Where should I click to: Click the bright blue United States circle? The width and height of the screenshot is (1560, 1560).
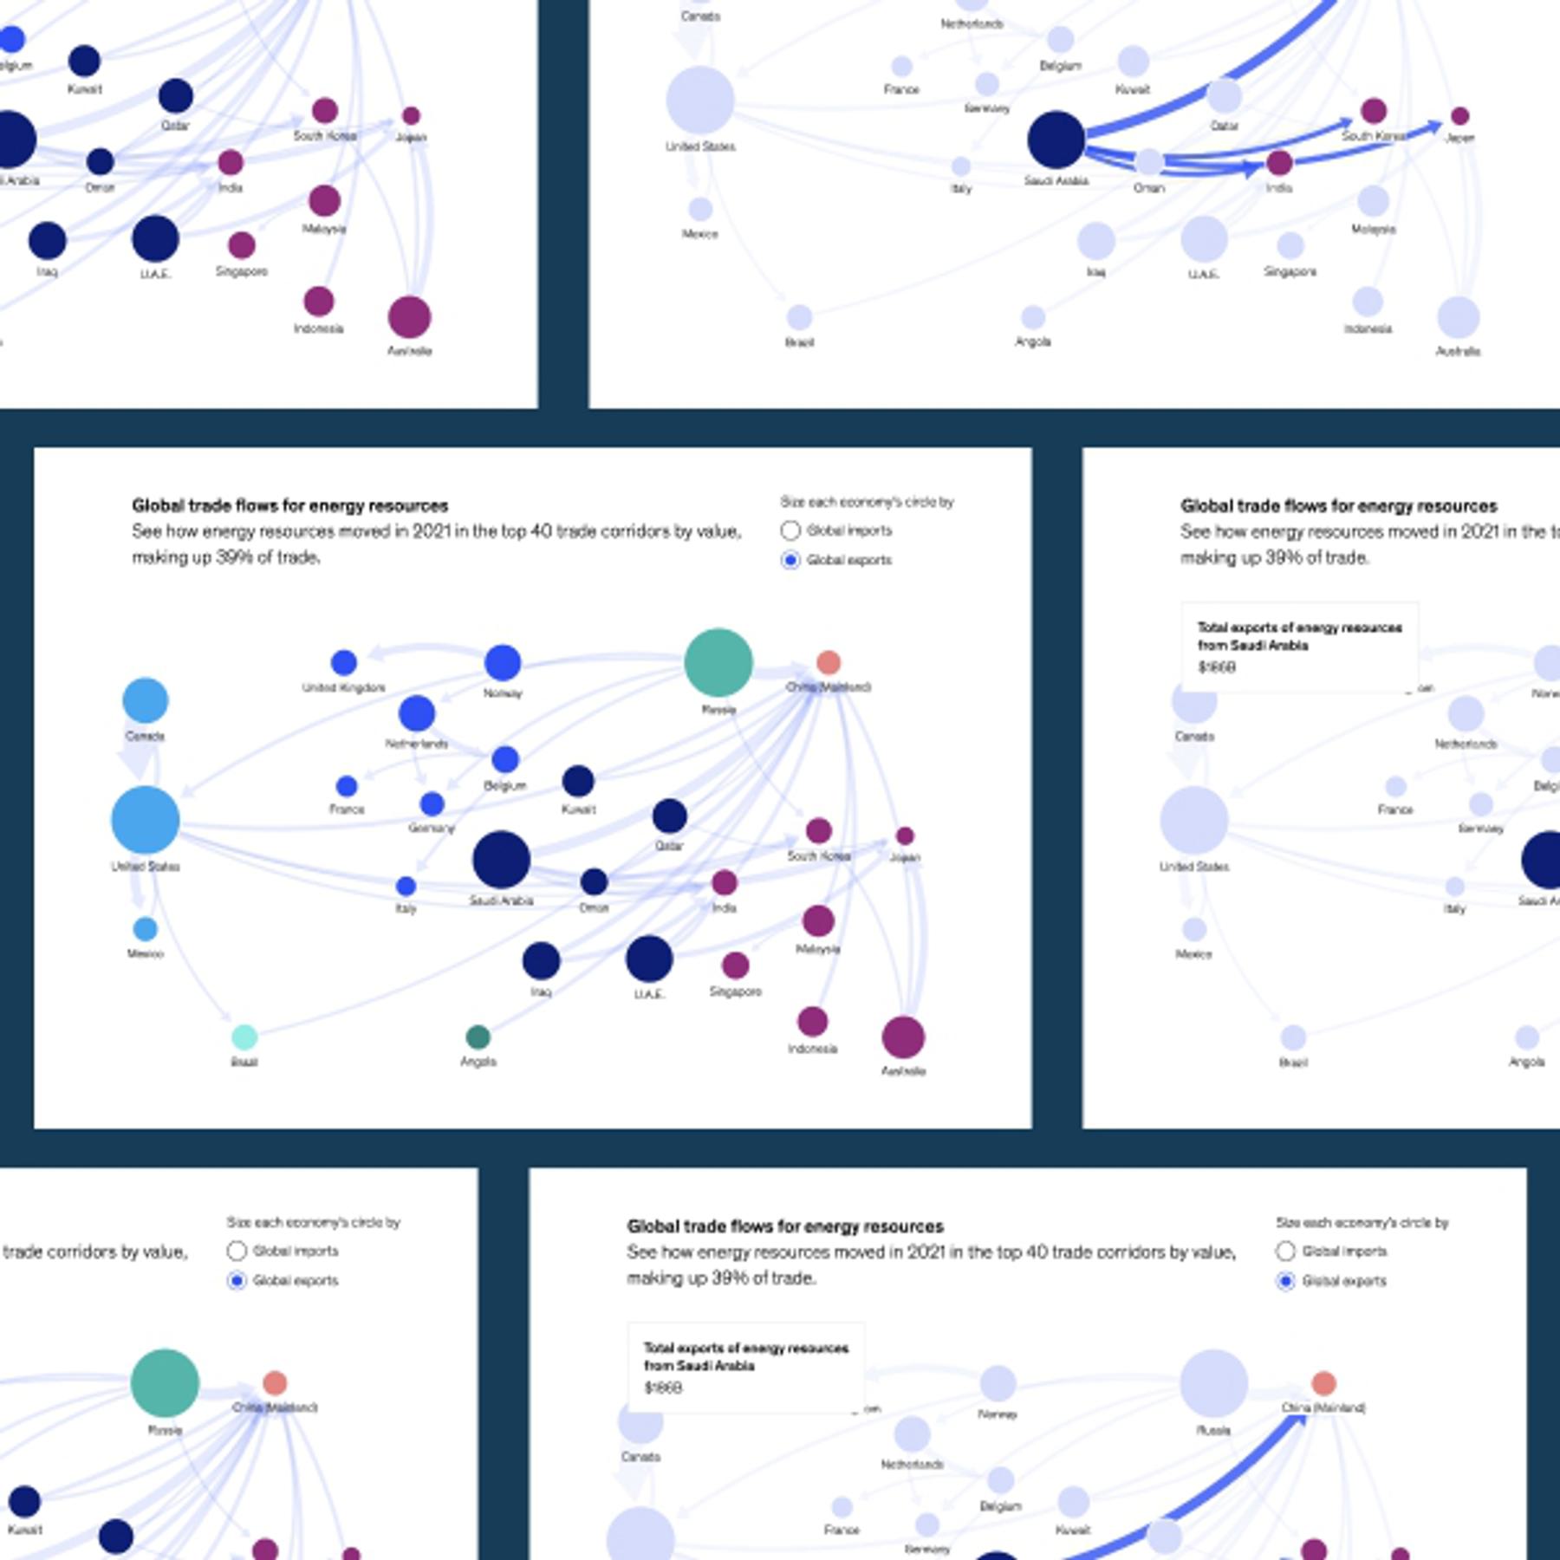pyautogui.click(x=145, y=820)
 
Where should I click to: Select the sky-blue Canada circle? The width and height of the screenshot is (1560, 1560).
pyautogui.click(x=145, y=700)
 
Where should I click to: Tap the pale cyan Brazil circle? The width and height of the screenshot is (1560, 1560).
pyautogui.click(x=244, y=1037)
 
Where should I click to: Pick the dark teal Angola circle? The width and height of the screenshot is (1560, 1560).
pyautogui.click(x=478, y=1037)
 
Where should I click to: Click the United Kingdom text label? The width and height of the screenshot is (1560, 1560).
pyautogui.click(x=343, y=687)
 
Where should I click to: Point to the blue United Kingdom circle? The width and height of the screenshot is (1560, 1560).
pyautogui.click(x=344, y=663)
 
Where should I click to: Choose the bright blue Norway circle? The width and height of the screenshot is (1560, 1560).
pyautogui.click(x=503, y=663)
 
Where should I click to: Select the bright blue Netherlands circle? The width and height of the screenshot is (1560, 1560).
pyautogui.click(x=417, y=714)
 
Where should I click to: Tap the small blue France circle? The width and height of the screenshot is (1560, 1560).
pyautogui.click(x=347, y=786)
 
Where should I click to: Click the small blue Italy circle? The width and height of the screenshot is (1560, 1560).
pyautogui.click(x=406, y=886)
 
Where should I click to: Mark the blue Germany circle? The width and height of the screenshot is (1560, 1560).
pyautogui.click(x=432, y=804)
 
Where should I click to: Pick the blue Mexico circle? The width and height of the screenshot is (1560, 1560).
pyautogui.click(x=145, y=929)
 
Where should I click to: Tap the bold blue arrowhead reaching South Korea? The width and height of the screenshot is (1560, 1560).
pyautogui.click(x=1344, y=123)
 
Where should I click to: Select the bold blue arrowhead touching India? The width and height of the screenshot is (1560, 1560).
pyautogui.click(x=1251, y=168)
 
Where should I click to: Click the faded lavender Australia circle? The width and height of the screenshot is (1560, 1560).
pyautogui.click(x=1459, y=317)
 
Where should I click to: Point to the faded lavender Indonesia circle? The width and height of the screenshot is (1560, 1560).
pyautogui.click(x=1368, y=302)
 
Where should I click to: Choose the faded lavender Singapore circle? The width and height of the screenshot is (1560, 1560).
pyautogui.click(x=1290, y=245)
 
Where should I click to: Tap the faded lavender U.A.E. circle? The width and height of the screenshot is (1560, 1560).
pyautogui.click(x=1204, y=238)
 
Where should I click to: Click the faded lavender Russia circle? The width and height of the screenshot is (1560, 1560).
pyautogui.click(x=1213, y=1382)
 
